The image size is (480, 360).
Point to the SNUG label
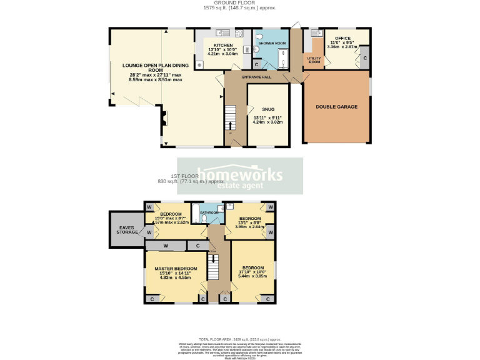click(268, 109)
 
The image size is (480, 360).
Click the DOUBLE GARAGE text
click(336, 107)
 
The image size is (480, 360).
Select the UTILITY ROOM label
click(314, 60)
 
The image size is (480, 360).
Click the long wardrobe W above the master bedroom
click(166, 246)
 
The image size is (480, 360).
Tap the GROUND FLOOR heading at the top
click(239, 3)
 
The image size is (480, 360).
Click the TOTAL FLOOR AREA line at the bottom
click(239, 337)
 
